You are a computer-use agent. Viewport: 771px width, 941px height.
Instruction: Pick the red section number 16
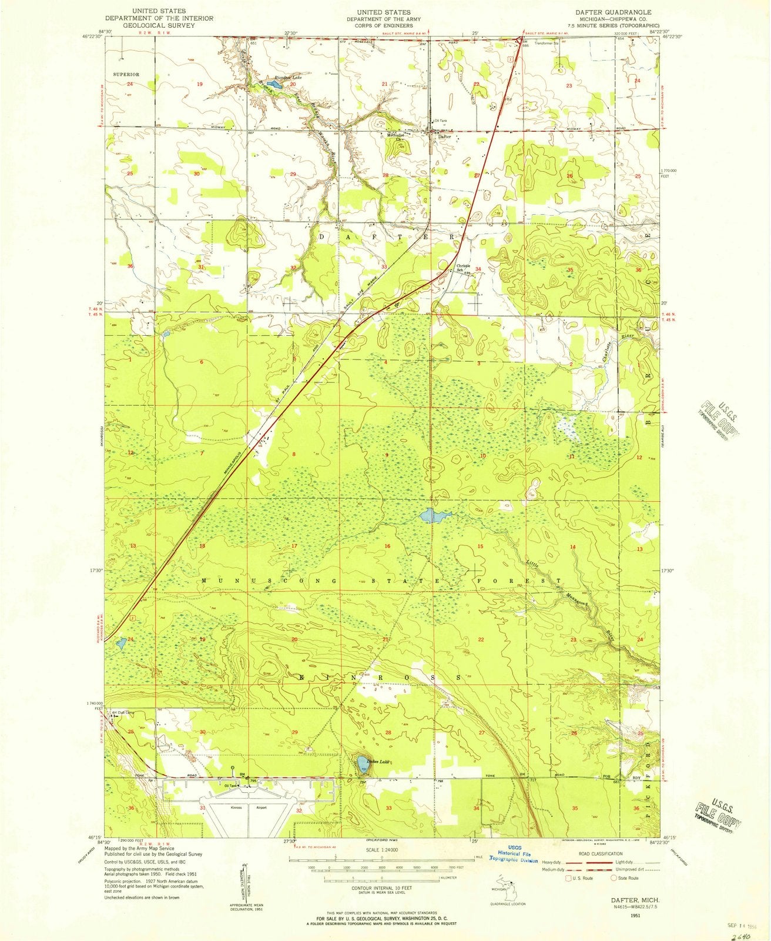click(387, 546)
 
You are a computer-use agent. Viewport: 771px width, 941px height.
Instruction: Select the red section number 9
click(387, 456)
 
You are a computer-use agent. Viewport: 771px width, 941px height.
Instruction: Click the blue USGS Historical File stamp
click(514, 858)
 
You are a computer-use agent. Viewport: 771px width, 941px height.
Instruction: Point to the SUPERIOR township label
click(127, 75)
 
